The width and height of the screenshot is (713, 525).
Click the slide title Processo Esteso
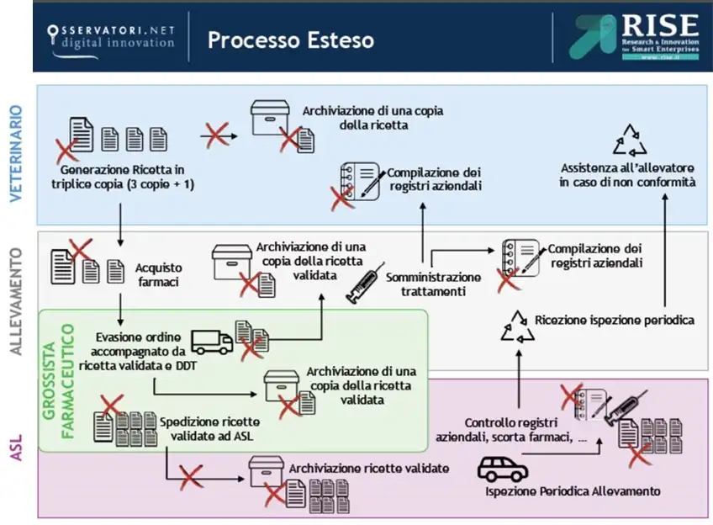click(290, 40)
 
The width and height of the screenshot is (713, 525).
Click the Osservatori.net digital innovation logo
click(111, 38)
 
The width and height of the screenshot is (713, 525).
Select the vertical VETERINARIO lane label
click(16, 153)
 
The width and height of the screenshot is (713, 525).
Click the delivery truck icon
click(212, 341)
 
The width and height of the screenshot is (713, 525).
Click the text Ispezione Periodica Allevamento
click(572, 491)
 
